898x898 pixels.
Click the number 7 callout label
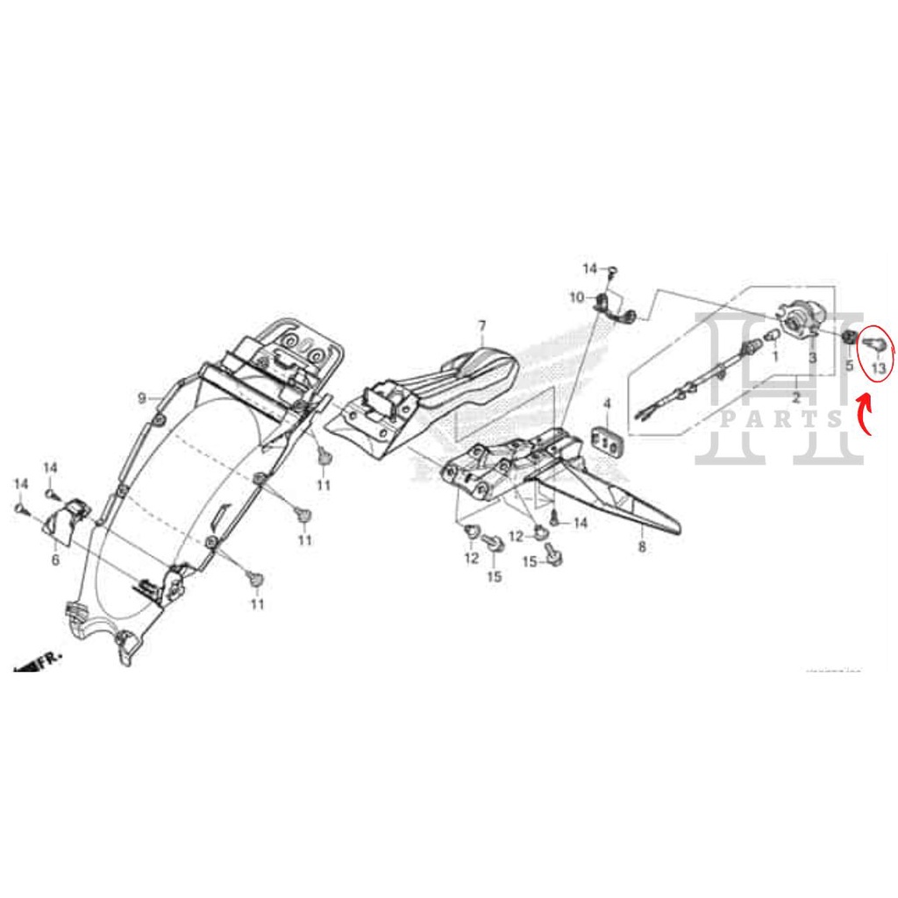pyautogui.click(x=481, y=327)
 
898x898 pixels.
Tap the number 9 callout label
pyautogui.click(x=141, y=398)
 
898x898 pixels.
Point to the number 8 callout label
pyautogui.click(x=642, y=546)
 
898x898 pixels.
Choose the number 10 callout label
pyautogui.click(x=576, y=298)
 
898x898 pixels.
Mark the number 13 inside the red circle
pyautogui.click(x=879, y=358)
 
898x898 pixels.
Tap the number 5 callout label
pyautogui.click(x=849, y=364)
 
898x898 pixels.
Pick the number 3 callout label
pyautogui.click(x=812, y=358)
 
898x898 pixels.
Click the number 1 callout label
pyautogui.click(x=775, y=357)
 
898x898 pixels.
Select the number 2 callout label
pyautogui.click(x=795, y=397)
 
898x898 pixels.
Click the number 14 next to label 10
pyautogui.click(x=590, y=267)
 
